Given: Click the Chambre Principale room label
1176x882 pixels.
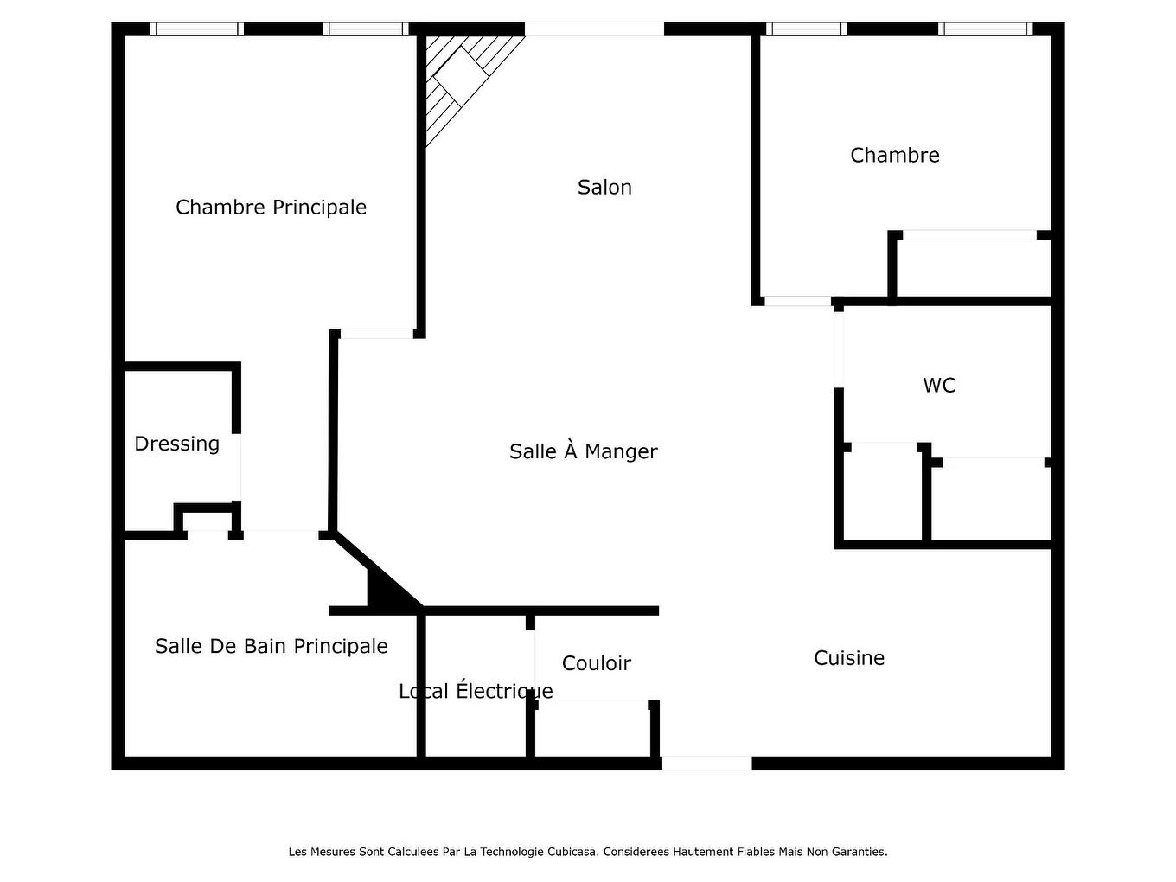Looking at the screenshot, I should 271,208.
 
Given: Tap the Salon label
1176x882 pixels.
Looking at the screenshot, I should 604,188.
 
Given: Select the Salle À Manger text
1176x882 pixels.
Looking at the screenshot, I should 583,451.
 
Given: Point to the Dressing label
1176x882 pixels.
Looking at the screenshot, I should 176,444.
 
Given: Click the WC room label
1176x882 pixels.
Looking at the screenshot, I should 939,386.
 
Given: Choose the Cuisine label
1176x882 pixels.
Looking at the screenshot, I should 848,658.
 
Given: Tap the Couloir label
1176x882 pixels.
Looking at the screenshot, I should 596,663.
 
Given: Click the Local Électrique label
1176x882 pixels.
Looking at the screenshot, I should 476,691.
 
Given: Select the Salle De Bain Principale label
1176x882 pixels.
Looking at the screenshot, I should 271,646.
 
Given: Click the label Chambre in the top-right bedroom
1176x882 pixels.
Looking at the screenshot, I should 894,156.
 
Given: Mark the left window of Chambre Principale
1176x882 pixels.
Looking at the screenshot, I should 196,29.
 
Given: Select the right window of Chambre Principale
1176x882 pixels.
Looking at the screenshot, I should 366,29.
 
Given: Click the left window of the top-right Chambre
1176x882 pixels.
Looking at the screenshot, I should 806,29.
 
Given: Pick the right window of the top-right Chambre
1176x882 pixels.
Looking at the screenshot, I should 985,29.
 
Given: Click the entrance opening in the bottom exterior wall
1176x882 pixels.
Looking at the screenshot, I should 706,764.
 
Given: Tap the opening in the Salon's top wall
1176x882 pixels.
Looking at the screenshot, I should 594,29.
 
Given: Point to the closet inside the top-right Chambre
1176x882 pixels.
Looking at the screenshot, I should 973,268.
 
